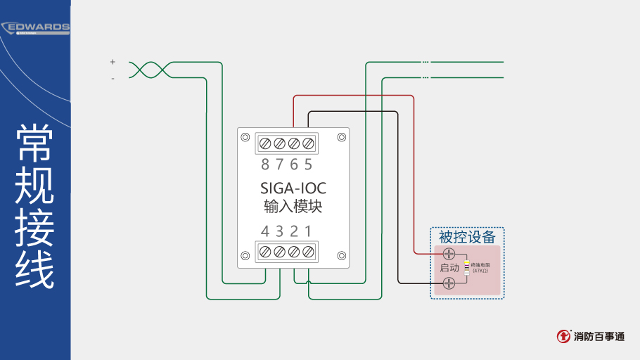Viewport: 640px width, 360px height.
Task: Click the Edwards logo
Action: [x=36, y=28]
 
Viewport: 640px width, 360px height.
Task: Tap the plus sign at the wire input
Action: [x=113, y=62]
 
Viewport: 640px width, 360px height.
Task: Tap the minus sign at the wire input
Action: [x=113, y=79]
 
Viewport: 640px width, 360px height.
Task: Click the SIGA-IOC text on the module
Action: [x=293, y=188]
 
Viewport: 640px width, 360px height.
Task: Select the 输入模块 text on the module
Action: [x=293, y=207]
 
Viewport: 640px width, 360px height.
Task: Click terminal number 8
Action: [x=265, y=165]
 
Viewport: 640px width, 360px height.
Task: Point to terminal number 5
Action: [x=308, y=165]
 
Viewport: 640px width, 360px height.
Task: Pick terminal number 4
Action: [x=265, y=231]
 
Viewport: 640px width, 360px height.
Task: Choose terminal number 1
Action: [x=308, y=231]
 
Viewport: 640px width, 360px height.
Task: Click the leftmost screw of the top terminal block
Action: [x=265, y=143]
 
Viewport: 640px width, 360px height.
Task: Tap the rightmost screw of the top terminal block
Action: [x=308, y=143]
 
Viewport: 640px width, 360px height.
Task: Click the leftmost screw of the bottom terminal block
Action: [x=265, y=251]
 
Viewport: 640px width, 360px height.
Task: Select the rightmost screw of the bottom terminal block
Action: [x=308, y=251]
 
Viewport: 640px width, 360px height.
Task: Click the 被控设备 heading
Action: [x=467, y=237]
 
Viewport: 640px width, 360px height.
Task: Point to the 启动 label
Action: [x=449, y=268]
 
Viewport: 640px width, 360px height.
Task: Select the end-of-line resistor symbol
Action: [x=466, y=268]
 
